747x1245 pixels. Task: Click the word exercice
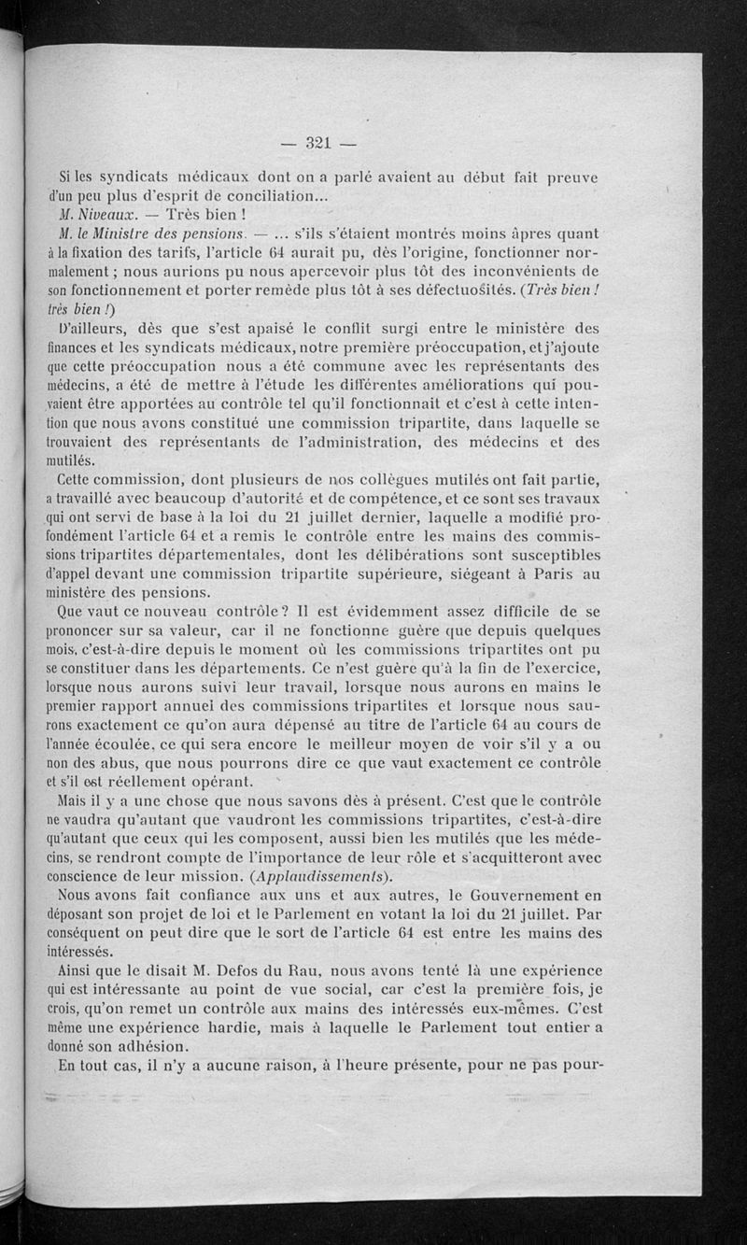click(564, 668)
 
